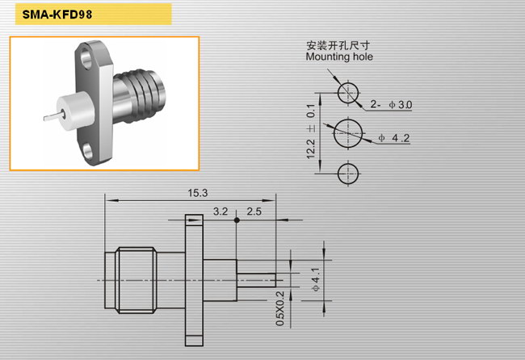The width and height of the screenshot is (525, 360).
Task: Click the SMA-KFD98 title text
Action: pyautogui.click(x=57, y=15)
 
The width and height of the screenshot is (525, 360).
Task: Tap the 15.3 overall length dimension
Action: pyautogui.click(x=198, y=193)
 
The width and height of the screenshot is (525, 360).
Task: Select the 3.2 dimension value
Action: pyautogui.click(x=220, y=211)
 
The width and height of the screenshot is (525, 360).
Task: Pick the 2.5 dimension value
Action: pyautogui.click(x=254, y=211)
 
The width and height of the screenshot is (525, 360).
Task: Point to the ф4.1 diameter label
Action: pyautogui.click(x=316, y=280)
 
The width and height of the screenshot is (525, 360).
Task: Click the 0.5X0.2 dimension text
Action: pyautogui.click(x=280, y=308)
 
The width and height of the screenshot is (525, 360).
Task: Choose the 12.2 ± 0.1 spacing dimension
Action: pyautogui.click(x=311, y=131)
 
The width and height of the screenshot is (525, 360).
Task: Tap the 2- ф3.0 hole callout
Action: pyautogui.click(x=391, y=105)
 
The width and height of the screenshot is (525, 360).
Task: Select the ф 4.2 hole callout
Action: pyautogui.click(x=394, y=138)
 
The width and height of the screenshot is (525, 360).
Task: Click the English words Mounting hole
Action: pyautogui.click(x=339, y=57)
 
